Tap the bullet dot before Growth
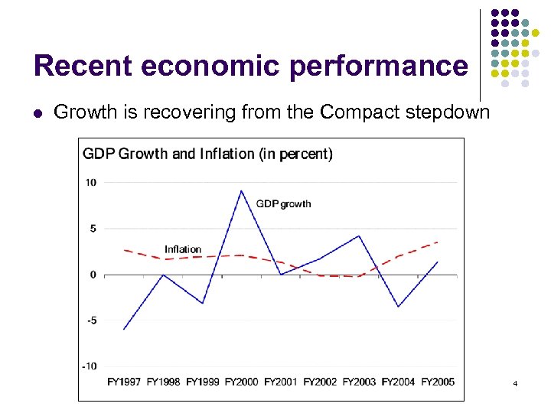click(x=37, y=113)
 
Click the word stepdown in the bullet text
click(x=452, y=113)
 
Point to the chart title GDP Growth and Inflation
click(x=207, y=154)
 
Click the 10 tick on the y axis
click(x=91, y=182)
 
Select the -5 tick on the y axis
click(x=90, y=320)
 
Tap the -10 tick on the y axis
click(x=89, y=366)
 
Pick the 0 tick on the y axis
click(x=93, y=275)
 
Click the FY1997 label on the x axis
click(x=124, y=382)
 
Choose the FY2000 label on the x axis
click(x=241, y=382)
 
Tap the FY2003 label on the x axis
click(x=359, y=382)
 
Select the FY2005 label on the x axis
click(x=437, y=382)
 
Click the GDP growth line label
click(x=283, y=204)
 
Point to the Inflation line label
click(x=183, y=249)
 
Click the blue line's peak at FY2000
click(x=241, y=190)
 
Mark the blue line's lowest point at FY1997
click(x=124, y=329)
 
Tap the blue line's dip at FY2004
click(x=398, y=307)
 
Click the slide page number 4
click(x=516, y=382)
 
